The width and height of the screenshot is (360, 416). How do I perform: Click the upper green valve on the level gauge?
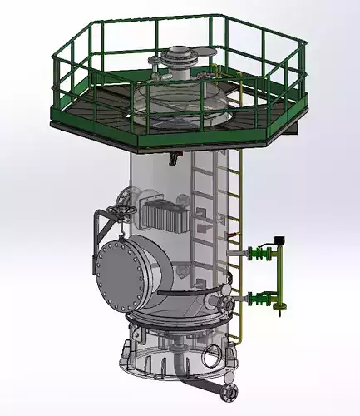click(x=265, y=250)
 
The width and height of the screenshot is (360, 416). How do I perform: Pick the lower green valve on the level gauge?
click(x=265, y=297)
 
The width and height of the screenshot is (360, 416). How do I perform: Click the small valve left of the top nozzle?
click(x=154, y=61)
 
